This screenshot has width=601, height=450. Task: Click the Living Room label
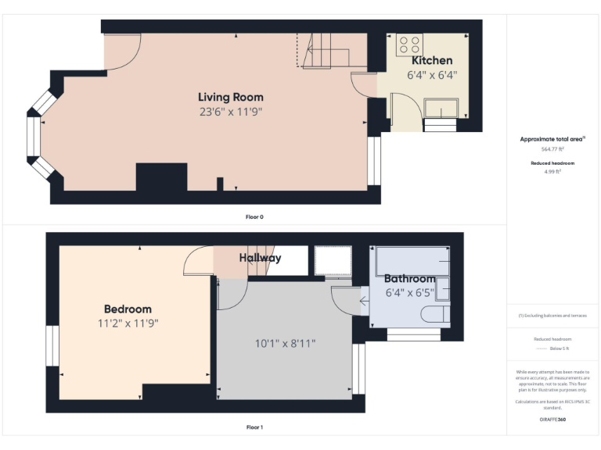pos(230,97)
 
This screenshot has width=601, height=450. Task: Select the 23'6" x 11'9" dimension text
pos(230,112)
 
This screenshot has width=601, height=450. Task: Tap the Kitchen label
pos(432,60)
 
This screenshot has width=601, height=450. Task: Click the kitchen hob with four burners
pos(409,42)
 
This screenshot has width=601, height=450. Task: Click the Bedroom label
pos(128,309)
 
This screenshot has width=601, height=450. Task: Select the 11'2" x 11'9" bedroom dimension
pos(128,323)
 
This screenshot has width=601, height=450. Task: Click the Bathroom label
pos(409,279)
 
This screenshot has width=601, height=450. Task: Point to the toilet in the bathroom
pos(435,314)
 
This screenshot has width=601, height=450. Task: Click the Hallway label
pos(260,258)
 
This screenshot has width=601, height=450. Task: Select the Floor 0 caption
pos(254,216)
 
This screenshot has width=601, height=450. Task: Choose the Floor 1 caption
pos(254,427)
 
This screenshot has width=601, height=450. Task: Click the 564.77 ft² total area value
pos(552,148)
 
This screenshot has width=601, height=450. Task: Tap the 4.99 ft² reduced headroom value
pos(552,170)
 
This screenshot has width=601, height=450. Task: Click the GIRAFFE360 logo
pos(552,420)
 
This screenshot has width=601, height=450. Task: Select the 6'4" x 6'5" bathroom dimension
pos(409,293)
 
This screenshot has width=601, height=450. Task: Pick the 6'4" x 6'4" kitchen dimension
pos(432,75)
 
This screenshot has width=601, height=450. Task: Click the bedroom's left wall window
pos(52,345)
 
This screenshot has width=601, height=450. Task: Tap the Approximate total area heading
pos(552,139)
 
